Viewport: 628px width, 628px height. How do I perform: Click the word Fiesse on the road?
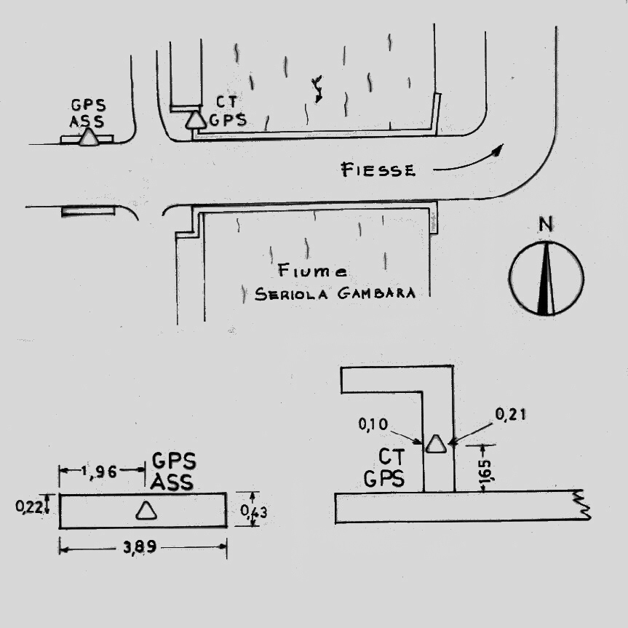[378, 170]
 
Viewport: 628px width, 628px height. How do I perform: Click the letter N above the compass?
[544, 226]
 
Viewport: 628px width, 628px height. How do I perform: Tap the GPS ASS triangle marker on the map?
[89, 138]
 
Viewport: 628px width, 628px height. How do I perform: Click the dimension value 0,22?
[28, 503]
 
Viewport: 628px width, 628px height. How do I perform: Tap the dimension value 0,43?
[254, 512]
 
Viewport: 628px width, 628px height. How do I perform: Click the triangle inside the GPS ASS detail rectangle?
[146, 511]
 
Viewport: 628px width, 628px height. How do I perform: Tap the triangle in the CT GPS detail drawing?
[436, 444]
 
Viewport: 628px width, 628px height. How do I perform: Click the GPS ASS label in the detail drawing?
[172, 472]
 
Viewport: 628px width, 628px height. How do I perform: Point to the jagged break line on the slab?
[581, 505]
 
